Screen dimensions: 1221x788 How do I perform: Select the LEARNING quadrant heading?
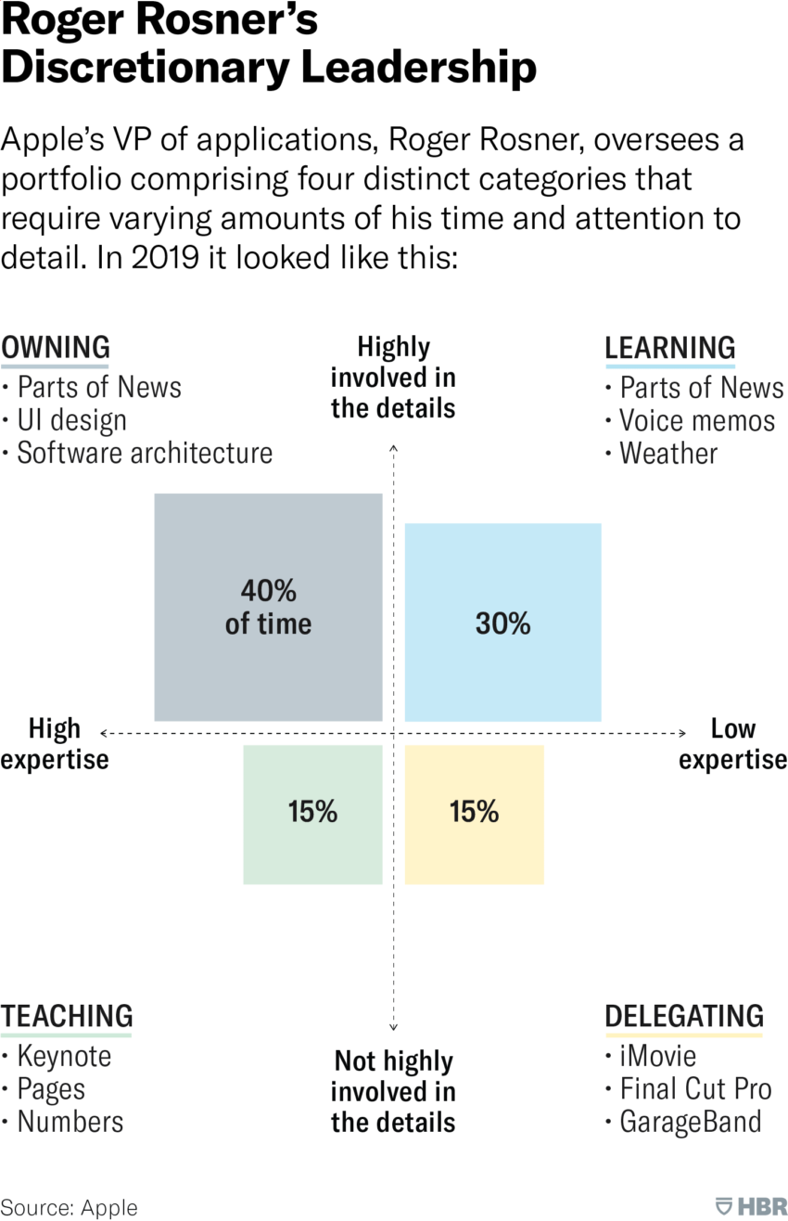669,348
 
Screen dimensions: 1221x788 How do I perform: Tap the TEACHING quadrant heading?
67,1016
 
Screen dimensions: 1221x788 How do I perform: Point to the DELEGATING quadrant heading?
684,1016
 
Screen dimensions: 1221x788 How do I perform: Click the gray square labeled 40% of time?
268,607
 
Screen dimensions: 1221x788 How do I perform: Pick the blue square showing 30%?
502,623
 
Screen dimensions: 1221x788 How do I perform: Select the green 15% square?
312,813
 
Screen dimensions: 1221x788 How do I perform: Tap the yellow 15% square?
474,813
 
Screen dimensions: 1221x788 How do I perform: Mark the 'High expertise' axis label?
55,743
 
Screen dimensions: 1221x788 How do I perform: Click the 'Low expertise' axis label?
732,743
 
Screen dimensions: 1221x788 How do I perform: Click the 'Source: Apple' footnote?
69,1207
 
